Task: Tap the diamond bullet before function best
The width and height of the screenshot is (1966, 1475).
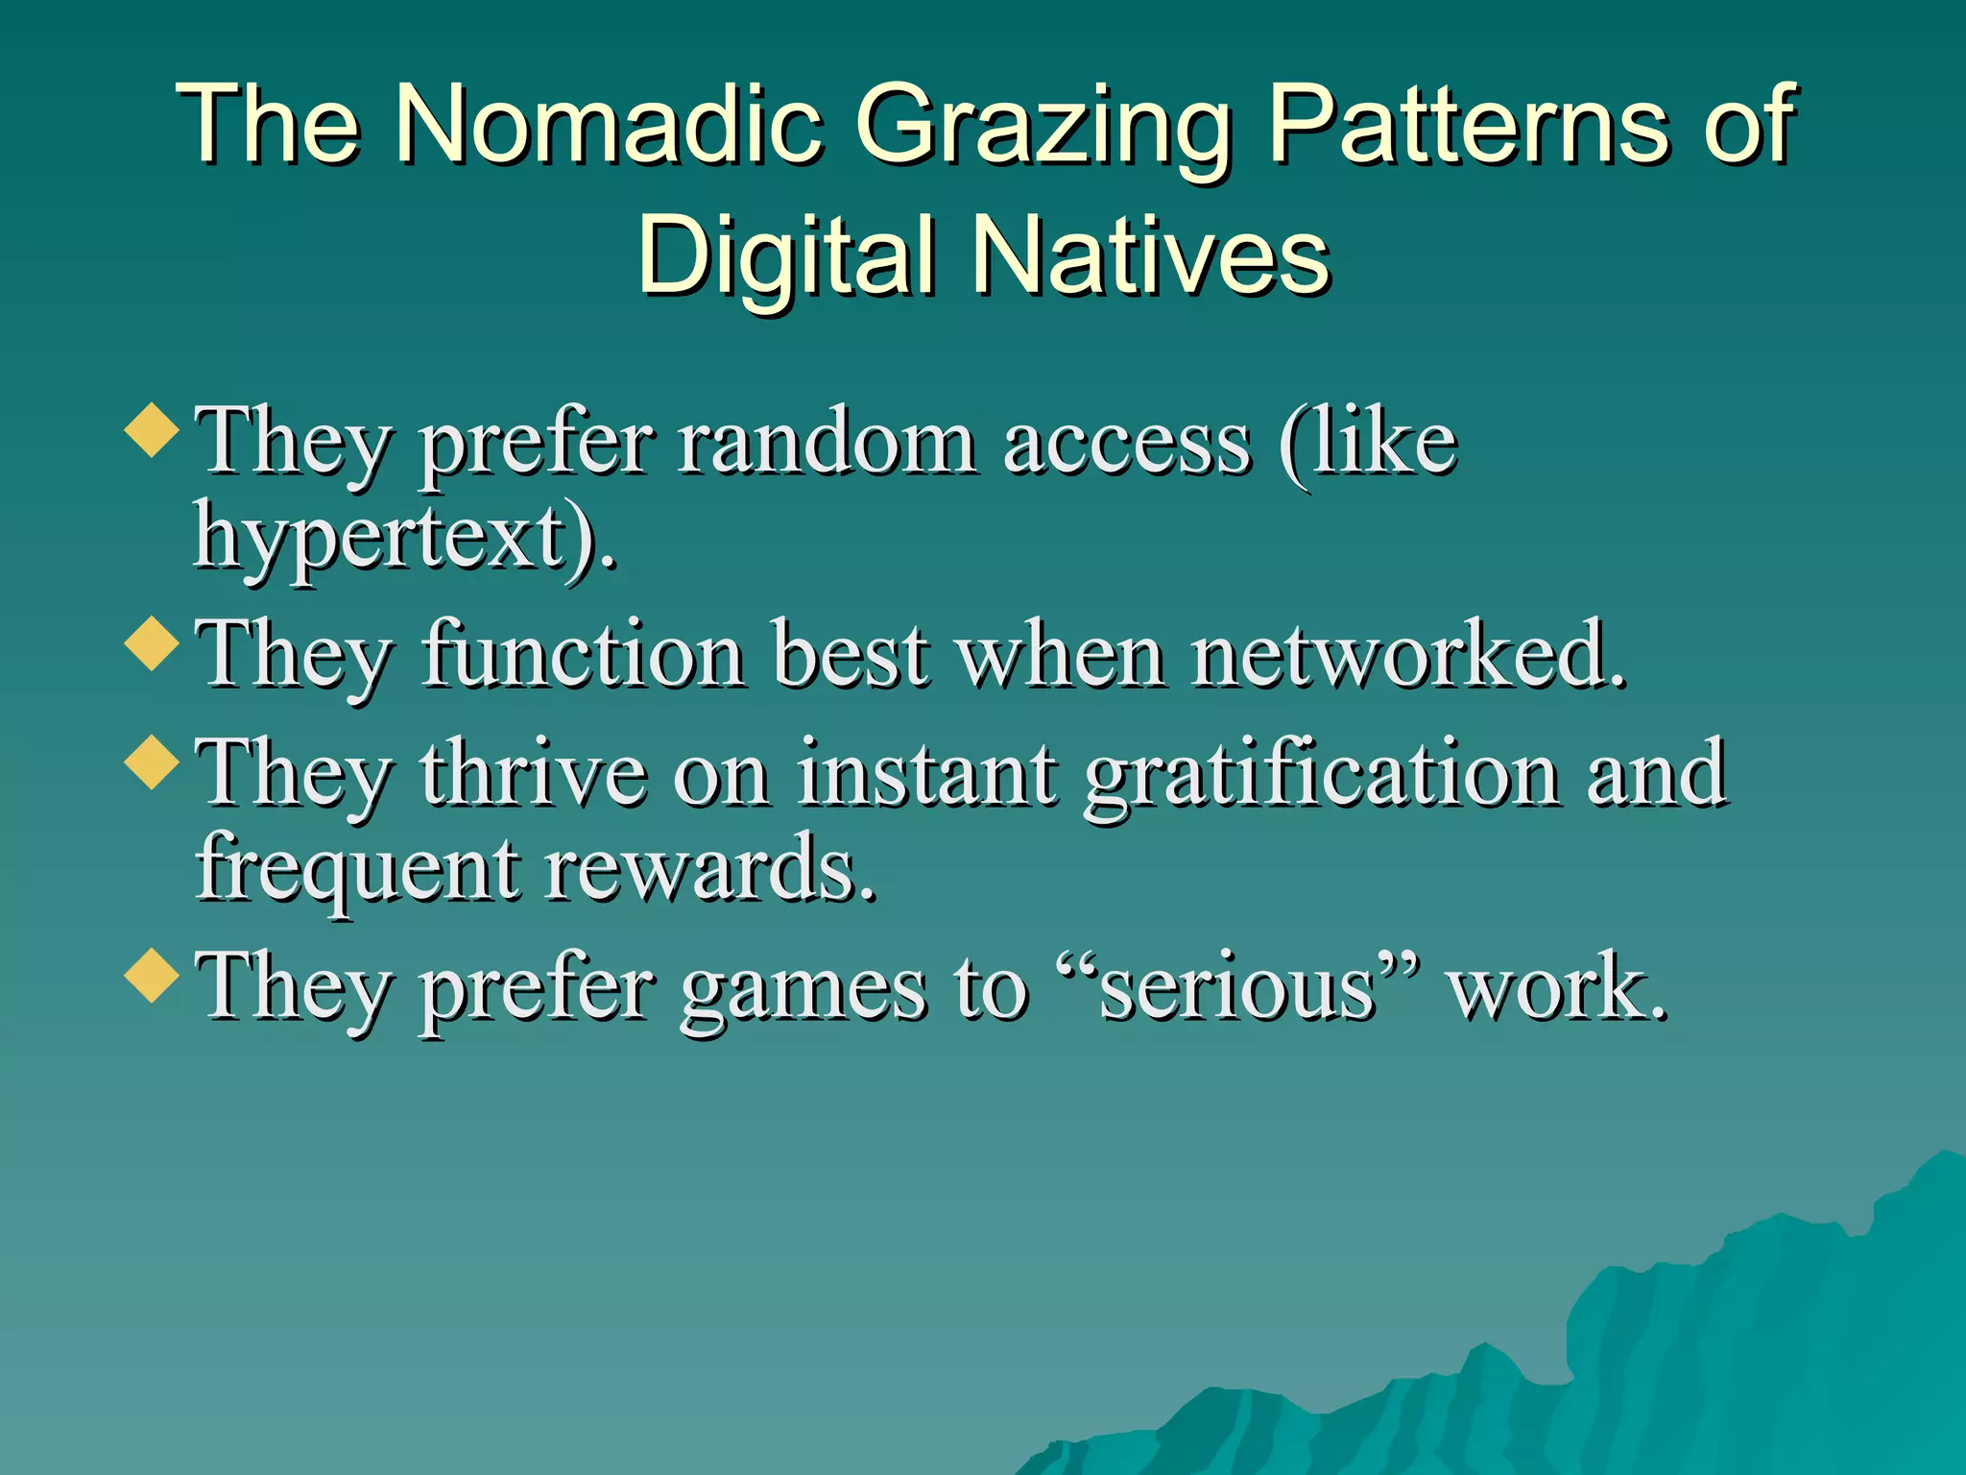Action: click(x=153, y=643)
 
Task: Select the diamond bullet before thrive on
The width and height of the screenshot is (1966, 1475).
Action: click(x=153, y=762)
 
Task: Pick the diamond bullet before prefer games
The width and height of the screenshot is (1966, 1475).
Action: click(x=153, y=976)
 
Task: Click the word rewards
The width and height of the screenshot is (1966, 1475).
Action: click(x=710, y=869)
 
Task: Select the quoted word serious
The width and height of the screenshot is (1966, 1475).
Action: click(x=1237, y=989)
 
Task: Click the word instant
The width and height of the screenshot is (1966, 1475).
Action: click(x=927, y=774)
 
